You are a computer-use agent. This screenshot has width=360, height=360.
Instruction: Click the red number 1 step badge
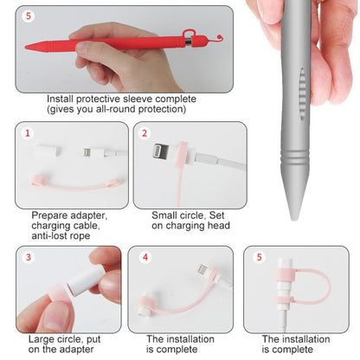coord(28,133)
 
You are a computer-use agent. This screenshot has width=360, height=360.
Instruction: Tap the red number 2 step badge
coord(145,133)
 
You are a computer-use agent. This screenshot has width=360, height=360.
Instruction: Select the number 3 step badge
coord(29,257)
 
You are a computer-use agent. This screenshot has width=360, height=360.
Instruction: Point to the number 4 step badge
coord(145,257)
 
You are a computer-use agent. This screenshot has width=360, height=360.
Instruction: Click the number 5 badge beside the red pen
coord(29,16)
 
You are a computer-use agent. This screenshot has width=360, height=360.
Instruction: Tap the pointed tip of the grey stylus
coord(294,219)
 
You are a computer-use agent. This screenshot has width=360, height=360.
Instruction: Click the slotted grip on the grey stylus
coord(302,94)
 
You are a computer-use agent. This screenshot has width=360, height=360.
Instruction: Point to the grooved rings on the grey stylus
coord(295,159)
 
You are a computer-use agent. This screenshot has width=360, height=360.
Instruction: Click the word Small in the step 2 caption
coord(164,215)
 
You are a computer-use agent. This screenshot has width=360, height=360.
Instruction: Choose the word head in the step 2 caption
coord(220,225)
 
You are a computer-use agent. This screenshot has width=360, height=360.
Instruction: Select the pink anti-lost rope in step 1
coord(75,185)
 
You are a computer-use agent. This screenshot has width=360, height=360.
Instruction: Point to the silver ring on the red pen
coord(188,42)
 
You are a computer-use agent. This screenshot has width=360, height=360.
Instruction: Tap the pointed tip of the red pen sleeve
coord(27,47)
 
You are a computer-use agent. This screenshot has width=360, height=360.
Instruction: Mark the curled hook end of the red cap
coord(219,37)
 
